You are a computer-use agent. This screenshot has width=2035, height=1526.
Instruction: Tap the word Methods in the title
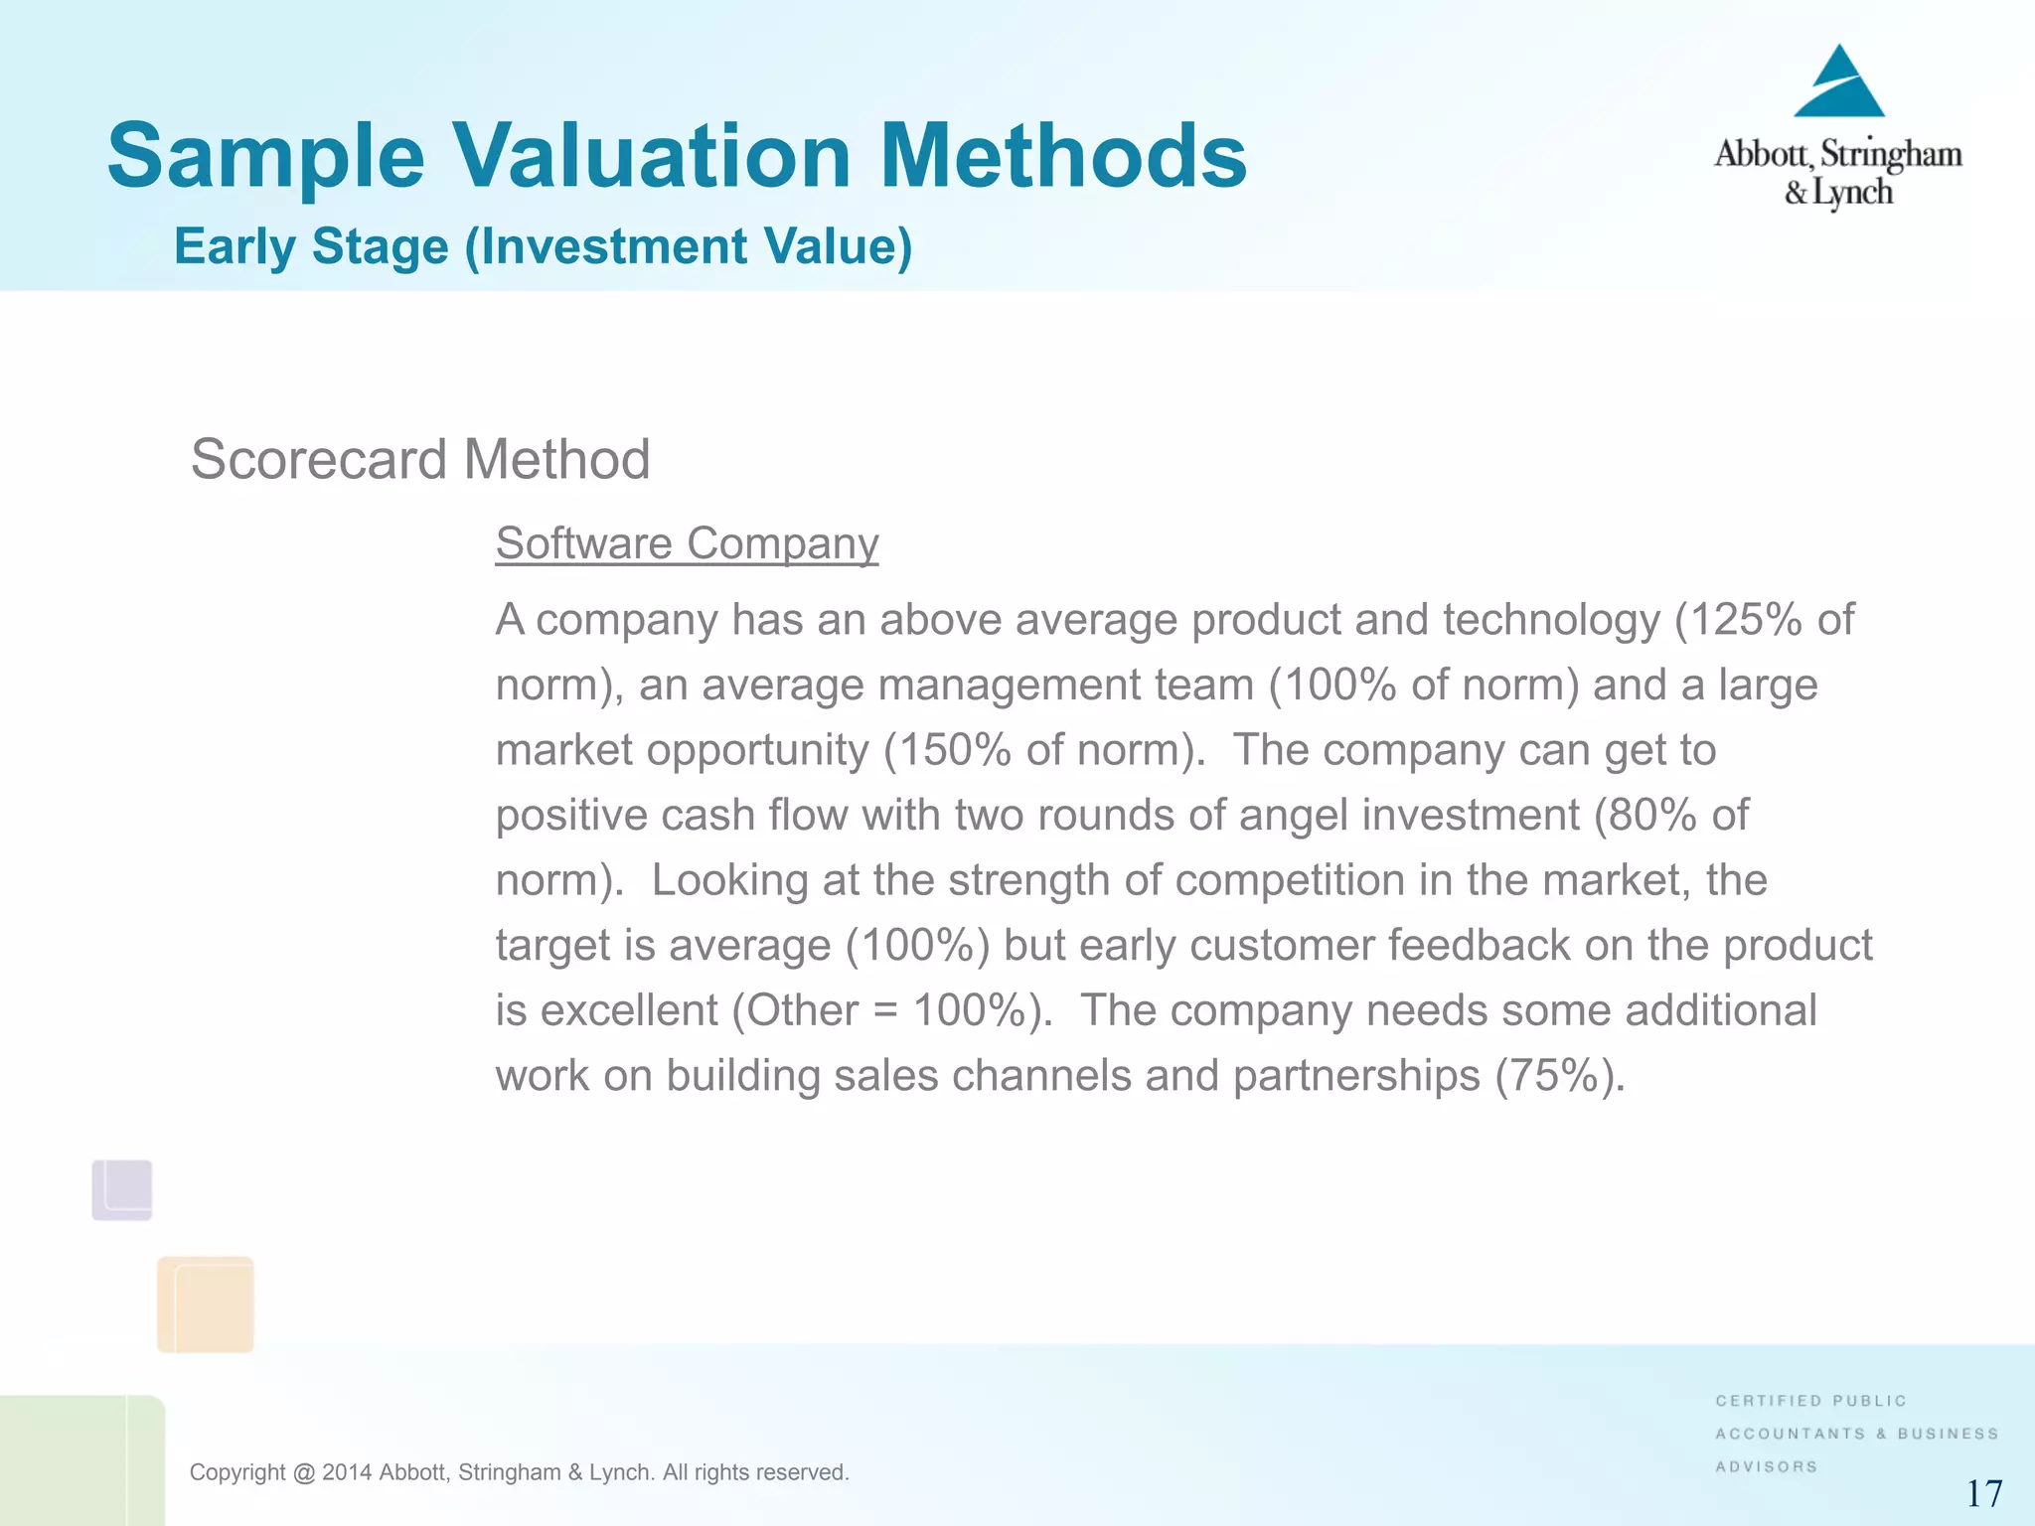click(x=1062, y=156)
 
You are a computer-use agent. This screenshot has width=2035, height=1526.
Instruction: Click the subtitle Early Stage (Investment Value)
click(x=543, y=246)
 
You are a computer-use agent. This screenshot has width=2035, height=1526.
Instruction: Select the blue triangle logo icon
click(x=1839, y=83)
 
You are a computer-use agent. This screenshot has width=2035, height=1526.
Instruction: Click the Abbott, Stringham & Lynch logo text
click(x=1837, y=172)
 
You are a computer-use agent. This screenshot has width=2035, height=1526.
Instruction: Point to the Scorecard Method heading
click(x=420, y=460)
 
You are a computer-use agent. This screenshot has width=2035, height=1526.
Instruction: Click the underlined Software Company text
click(x=687, y=543)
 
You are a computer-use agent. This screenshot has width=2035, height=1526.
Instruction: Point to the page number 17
click(x=1983, y=1493)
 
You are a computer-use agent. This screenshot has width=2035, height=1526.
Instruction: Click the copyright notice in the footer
click(x=519, y=1472)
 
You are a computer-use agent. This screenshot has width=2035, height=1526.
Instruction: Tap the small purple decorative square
click(x=122, y=1189)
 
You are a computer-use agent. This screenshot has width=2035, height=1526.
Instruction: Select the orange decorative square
click(x=206, y=1304)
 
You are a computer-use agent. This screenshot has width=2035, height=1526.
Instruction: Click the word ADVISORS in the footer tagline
click(x=1766, y=1466)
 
